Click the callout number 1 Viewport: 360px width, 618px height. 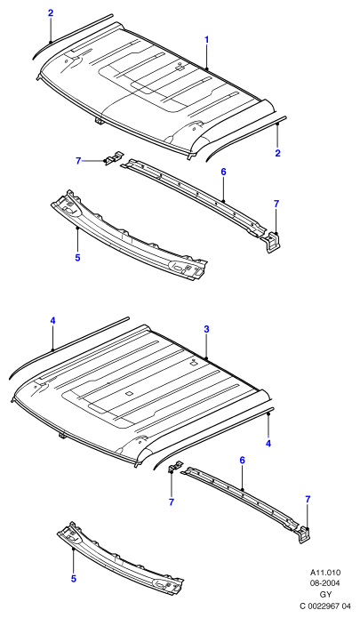coord(207,40)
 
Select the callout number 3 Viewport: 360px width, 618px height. coord(207,329)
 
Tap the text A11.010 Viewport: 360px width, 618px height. coord(325,573)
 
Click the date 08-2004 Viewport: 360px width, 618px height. coord(325,583)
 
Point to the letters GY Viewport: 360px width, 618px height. coord(325,594)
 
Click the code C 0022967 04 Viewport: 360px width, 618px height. coord(325,606)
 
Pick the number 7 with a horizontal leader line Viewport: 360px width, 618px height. coord(78,161)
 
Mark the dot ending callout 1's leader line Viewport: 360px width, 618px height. coord(207,69)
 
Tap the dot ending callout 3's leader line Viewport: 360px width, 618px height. coord(206,357)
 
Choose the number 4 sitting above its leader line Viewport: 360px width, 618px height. coord(52,321)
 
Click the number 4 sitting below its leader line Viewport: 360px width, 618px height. coord(268,444)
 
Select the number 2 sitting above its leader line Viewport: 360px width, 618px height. coord(51,13)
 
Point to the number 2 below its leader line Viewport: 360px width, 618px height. coord(277,153)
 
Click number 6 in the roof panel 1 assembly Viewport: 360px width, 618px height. coord(223,172)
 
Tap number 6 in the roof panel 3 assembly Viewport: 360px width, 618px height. coord(243,460)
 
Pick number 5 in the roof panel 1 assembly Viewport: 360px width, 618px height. coord(77,258)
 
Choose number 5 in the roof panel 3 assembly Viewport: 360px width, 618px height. coord(73,579)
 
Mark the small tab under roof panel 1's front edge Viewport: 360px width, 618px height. coord(100,121)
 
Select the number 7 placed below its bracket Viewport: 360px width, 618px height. coord(172,502)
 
